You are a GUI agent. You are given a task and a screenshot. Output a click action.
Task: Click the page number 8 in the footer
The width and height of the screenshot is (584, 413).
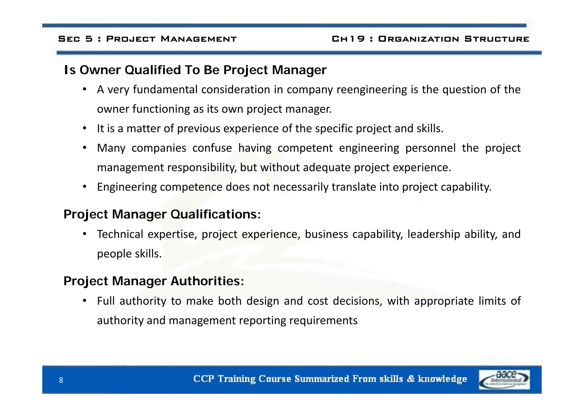tap(61, 380)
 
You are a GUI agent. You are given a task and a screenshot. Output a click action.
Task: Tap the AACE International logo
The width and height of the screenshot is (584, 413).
tap(504, 379)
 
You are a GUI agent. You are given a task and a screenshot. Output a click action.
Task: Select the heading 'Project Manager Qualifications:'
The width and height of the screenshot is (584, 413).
tap(162, 214)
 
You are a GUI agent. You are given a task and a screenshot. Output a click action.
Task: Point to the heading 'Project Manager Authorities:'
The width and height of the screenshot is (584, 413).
tap(154, 281)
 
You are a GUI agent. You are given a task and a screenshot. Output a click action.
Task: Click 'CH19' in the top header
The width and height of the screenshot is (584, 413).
tap(348, 39)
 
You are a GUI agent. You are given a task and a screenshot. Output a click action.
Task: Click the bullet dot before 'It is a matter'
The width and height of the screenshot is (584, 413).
tap(84, 129)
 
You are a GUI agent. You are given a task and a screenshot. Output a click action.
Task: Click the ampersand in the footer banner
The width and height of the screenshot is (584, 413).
tap(411, 379)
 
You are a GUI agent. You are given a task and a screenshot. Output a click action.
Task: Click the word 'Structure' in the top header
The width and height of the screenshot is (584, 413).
tap(496, 39)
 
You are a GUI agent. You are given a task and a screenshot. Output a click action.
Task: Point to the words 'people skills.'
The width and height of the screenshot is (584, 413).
tap(129, 254)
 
